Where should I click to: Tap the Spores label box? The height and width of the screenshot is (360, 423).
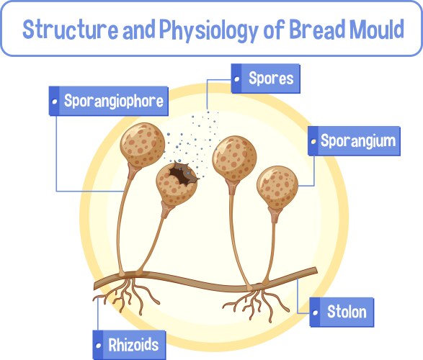265,78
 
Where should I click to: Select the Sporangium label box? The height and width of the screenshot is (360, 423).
352,140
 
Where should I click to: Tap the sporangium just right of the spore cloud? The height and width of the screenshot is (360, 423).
235,156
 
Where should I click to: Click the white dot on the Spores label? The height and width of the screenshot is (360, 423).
237,78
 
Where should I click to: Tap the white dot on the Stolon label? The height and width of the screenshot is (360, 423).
316,312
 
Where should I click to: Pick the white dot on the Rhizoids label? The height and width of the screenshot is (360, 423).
99,344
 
